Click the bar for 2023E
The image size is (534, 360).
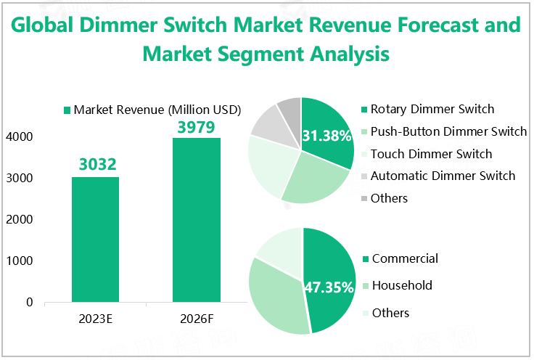(95, 239)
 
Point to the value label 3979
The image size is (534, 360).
(196, 126)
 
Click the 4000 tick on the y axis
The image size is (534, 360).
(19, 136)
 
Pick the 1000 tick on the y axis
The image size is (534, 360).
(19, 261)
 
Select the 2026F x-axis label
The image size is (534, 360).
(196, 319)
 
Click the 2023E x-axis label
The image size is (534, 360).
(95, 319)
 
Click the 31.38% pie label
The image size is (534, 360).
(326, 136)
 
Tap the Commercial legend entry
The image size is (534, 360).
(405, 258)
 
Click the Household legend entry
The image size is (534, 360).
(402, 285)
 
